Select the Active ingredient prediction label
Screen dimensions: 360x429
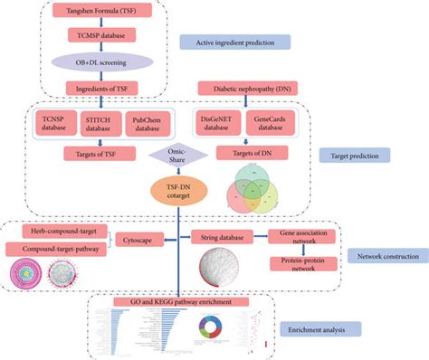234,42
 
